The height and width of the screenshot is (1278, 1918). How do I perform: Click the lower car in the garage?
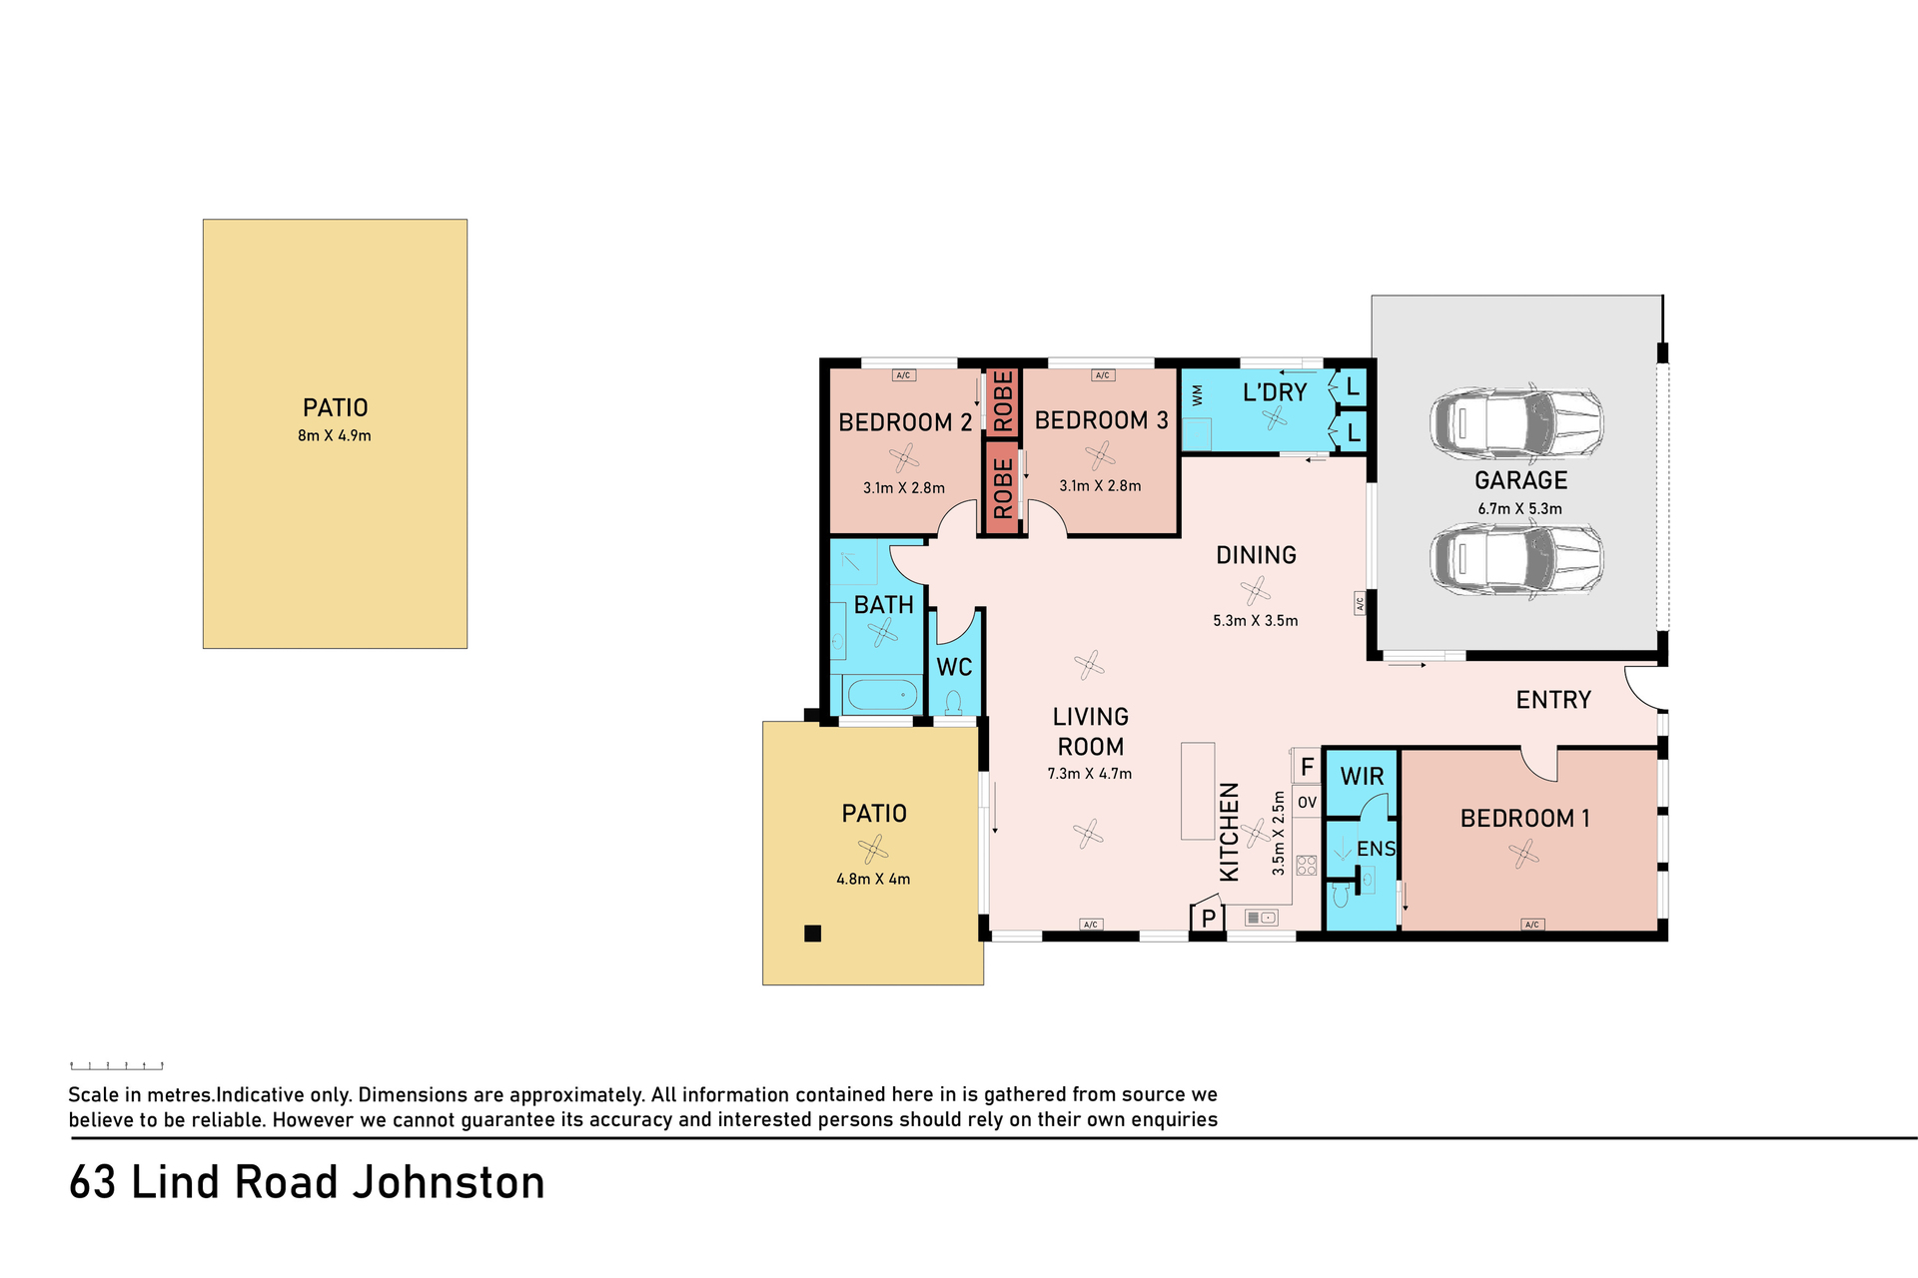pyautogui.click(x=1516, y=559)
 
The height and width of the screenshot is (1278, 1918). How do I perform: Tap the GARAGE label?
pyautogui.click(x=1521, y=480)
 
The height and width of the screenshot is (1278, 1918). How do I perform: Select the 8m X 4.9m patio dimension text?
pyautogui.click(x=335, y=435)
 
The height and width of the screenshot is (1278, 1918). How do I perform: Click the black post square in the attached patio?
pyautogui.click(x=813, y=934)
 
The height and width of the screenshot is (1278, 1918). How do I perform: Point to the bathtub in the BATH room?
pyautogui.click(x=881, y=694)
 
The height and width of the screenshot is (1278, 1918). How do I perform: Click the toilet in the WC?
pyautogui.click(x=953, y=702)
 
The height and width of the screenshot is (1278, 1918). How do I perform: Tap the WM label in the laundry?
pyautogui.click(x=1198, y=395)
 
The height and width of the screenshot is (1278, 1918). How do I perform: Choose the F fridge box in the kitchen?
pyautogui.click(x=1307, y=767)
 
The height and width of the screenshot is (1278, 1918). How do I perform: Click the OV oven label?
pyautogui.click(x=1307, y=802)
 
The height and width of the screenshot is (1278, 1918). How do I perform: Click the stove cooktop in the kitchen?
pyautogui.click(x=1307, y=866)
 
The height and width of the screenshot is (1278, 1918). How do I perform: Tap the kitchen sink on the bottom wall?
pyautogui.click(x=1262, y=918)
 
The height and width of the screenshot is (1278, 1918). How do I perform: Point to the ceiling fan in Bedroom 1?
pyautogui.click(x=1523, y=854)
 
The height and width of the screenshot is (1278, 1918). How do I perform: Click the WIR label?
pyautogui.click(x=1363, y=777)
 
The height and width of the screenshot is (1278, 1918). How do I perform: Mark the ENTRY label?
pyautogui.click(x=1553, y=700)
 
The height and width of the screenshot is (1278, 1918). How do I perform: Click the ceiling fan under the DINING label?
pyautogui.click(x=1256, y=591)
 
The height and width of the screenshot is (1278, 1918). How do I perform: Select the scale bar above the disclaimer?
pyautogui.click(x=117, y=1065)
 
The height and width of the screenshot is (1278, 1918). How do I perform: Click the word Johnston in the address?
pyautogui.click(x=451, y=1183)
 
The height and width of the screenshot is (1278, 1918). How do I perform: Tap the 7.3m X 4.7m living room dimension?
pyautogui.click(x=1090, y=774)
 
